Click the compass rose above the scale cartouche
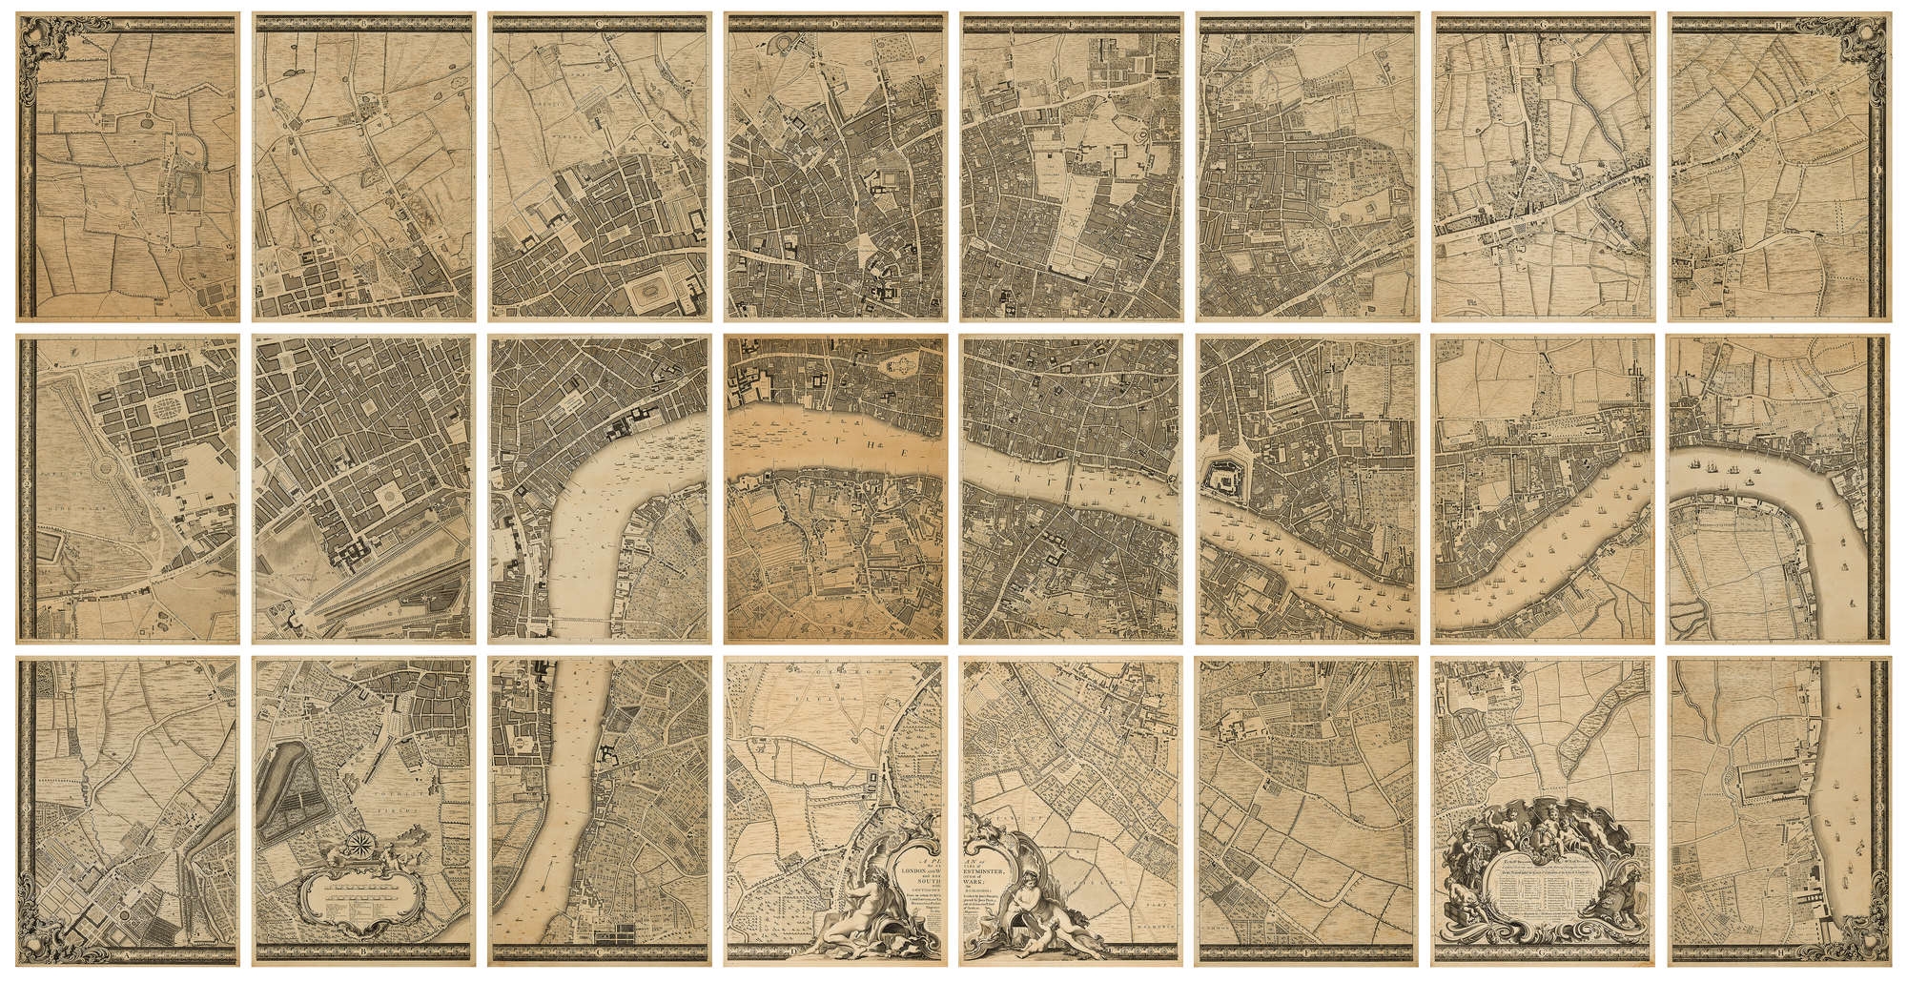(x=359, y=843)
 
